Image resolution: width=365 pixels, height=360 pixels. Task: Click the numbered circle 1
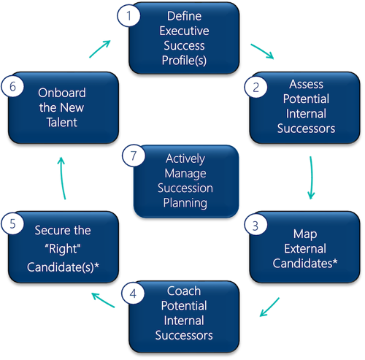pos(128,15)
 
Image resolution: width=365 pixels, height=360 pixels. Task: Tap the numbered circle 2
pos(255,87)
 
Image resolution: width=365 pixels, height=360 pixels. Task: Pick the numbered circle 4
pos(133,293)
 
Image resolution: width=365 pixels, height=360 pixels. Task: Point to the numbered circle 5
pos(12,223)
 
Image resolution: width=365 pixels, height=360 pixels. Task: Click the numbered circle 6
pos(12,86)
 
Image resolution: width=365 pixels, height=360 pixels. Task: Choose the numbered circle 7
pos(134,156)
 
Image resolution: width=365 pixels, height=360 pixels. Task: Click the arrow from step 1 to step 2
pos(262,51)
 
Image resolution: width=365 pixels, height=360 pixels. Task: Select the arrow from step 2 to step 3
pos(311,177)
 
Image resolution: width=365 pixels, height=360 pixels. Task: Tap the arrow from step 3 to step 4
pos(269,307)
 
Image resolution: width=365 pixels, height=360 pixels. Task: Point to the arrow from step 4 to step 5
pos(103,300)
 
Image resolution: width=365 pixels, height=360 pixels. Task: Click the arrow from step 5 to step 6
pos(62,178)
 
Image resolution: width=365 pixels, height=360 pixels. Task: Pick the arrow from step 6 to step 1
pos(100,49)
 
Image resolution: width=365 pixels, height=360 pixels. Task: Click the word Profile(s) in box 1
pos(184,61)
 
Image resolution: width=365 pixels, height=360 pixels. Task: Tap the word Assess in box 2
pos(307,84)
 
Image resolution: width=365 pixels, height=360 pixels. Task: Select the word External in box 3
pos(305,248)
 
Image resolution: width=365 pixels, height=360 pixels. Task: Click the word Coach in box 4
pos(184,291)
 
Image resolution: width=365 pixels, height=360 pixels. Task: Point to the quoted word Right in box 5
pos(63,249)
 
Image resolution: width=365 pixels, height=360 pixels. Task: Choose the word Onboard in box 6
pos(62,93)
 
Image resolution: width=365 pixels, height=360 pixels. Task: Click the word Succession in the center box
pos(185,188)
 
